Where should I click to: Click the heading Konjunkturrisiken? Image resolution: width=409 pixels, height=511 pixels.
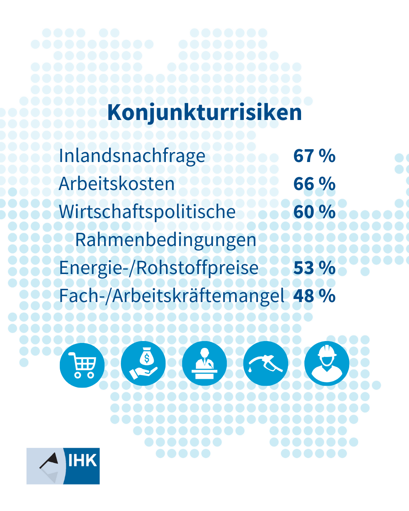(204, 112)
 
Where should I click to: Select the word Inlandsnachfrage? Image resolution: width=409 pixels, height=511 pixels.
(132, 156)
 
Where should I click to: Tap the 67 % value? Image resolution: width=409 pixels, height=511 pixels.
(314, 156)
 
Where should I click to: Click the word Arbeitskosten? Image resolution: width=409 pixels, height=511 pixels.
(117, 184)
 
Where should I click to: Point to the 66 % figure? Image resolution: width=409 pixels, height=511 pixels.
(314, 184)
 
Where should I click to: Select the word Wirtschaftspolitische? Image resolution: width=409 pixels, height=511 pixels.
(147, 212)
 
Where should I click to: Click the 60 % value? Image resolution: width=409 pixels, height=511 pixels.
(314, 212)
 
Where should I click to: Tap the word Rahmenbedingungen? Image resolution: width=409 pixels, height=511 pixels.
(165, 240)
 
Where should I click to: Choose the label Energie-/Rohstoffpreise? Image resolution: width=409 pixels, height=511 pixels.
(159, 268)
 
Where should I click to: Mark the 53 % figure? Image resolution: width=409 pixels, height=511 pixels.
(314, 268)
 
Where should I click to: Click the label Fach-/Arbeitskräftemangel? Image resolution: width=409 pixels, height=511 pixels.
(172, 296)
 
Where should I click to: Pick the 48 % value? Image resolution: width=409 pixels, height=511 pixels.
(314, 296)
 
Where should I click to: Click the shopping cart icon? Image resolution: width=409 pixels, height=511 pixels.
(82, 365)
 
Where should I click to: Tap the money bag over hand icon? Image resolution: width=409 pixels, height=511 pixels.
(143, 363)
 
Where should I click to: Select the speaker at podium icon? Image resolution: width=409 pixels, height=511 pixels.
(204, 363)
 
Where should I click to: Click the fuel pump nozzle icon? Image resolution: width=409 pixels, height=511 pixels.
(265, 363)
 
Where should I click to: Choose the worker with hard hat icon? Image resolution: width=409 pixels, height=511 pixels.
(327, 363)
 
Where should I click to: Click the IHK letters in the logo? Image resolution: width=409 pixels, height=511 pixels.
(82, 461)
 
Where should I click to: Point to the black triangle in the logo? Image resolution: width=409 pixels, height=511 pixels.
(50, 460)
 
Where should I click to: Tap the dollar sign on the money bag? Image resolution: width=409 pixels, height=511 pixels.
(147, 358)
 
